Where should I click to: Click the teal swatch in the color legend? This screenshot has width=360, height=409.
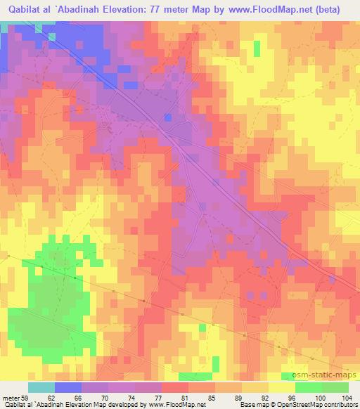point(41,387)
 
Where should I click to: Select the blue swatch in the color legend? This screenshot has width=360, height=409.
point(68,387)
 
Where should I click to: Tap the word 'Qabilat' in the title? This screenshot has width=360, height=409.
point(22,10)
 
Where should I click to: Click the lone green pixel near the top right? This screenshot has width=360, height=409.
point(257,48)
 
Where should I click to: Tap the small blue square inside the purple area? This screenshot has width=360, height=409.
point(167,117)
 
